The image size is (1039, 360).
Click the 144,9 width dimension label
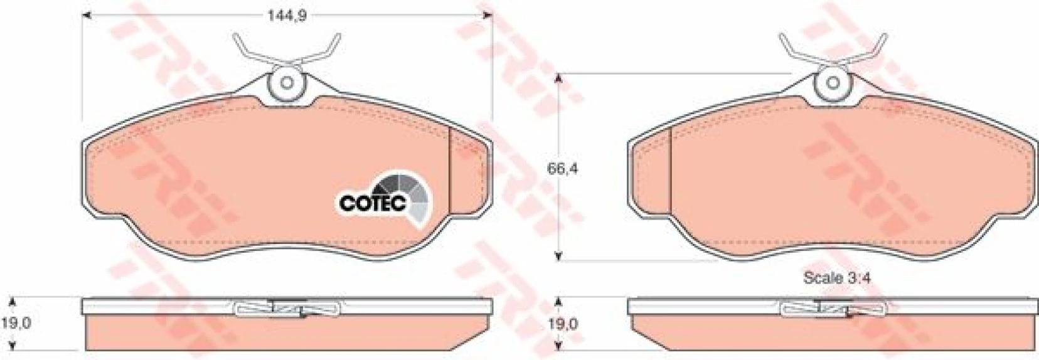point(287,16)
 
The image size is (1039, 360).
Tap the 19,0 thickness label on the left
point(18,323)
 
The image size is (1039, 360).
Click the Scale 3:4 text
point(832,278)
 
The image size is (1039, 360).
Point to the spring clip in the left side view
point(287,308)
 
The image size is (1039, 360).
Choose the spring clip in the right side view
point(833,308)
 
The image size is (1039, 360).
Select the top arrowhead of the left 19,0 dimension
point(16,300)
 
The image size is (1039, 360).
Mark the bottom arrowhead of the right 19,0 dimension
point(558,346)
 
